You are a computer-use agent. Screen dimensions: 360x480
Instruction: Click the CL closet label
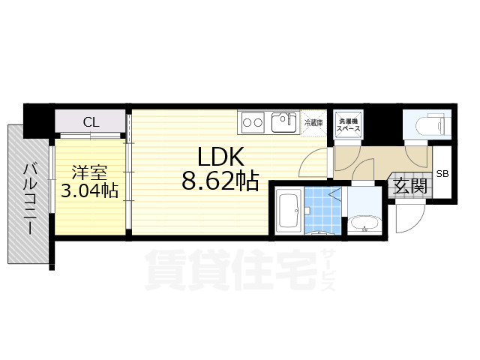tap(90, 122)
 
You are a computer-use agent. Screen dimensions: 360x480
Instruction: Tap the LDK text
tap(220, 156)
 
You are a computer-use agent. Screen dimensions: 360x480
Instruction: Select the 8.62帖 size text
tap(220, 181)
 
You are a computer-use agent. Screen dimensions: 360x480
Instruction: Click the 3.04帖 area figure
tap(89, 190)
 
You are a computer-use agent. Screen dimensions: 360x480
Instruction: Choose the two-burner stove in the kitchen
tap(250, 121)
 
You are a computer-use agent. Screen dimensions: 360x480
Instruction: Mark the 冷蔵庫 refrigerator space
tap(313, 123)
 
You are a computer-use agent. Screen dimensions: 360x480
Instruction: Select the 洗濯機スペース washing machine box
tap(348, 124)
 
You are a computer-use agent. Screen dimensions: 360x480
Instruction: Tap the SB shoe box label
tap(442, 175)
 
